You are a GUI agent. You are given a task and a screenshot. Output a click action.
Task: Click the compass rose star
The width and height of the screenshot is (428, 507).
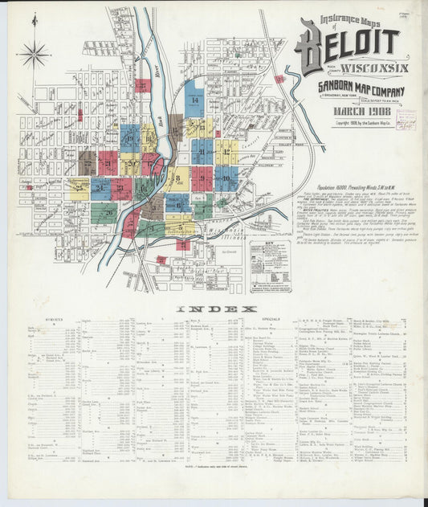[34, 55]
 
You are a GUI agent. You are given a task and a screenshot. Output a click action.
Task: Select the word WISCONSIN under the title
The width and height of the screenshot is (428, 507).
[363, 67]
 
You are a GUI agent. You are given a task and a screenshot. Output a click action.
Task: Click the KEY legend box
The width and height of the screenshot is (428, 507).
[270, 266]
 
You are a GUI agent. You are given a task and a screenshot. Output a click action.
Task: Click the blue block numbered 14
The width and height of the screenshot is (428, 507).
[194, 98]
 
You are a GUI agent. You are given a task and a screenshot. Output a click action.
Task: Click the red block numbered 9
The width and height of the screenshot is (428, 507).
[200, 178]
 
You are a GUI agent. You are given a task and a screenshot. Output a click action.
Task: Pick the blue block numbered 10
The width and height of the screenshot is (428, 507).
[226, 178]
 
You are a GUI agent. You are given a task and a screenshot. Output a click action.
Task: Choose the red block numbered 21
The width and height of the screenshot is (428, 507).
[108, 162]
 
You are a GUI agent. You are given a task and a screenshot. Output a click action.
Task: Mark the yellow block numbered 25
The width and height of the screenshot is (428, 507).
[79, 190]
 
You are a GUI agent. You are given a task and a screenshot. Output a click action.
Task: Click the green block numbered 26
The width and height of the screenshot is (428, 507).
[104, 213]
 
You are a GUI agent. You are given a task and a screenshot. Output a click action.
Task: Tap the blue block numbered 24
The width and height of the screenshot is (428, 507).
[100, 190]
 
